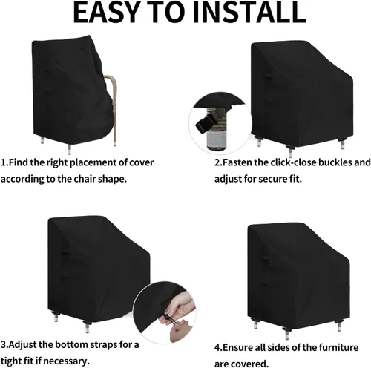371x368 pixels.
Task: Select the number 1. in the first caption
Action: pyautogui.click(x=5, y=161)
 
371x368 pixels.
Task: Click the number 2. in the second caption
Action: pyautogui.click(x=220, y=162)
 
